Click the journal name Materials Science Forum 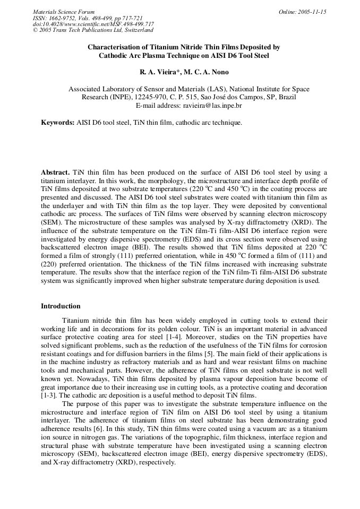(x=64, y=12)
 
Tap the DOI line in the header (x=93, y=24)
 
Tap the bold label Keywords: (x=57, y=123)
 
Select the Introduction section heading (x=61, y=306)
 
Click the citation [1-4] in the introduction (x=167, y=336)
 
